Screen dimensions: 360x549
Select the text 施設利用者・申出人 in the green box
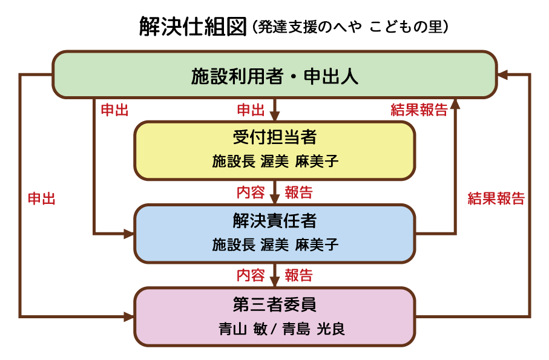tap(275, 75)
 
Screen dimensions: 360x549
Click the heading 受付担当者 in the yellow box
tap(275, 137)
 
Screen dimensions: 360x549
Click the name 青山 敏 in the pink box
tap(241, 329)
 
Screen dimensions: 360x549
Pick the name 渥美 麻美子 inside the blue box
tap(299, 244)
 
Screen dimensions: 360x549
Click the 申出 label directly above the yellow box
tap(251, 110)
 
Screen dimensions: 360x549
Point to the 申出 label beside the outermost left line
tap(42, 199)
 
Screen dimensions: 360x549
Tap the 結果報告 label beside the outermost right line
tap(496, 199)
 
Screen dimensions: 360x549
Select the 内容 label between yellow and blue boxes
tap(251, 193)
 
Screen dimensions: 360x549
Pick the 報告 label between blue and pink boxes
tap(298, 276)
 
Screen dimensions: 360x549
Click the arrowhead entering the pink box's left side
tap(129, 316)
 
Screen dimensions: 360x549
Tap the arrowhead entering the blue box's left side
tap(129, 234)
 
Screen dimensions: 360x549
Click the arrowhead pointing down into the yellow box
tap(275, 116)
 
